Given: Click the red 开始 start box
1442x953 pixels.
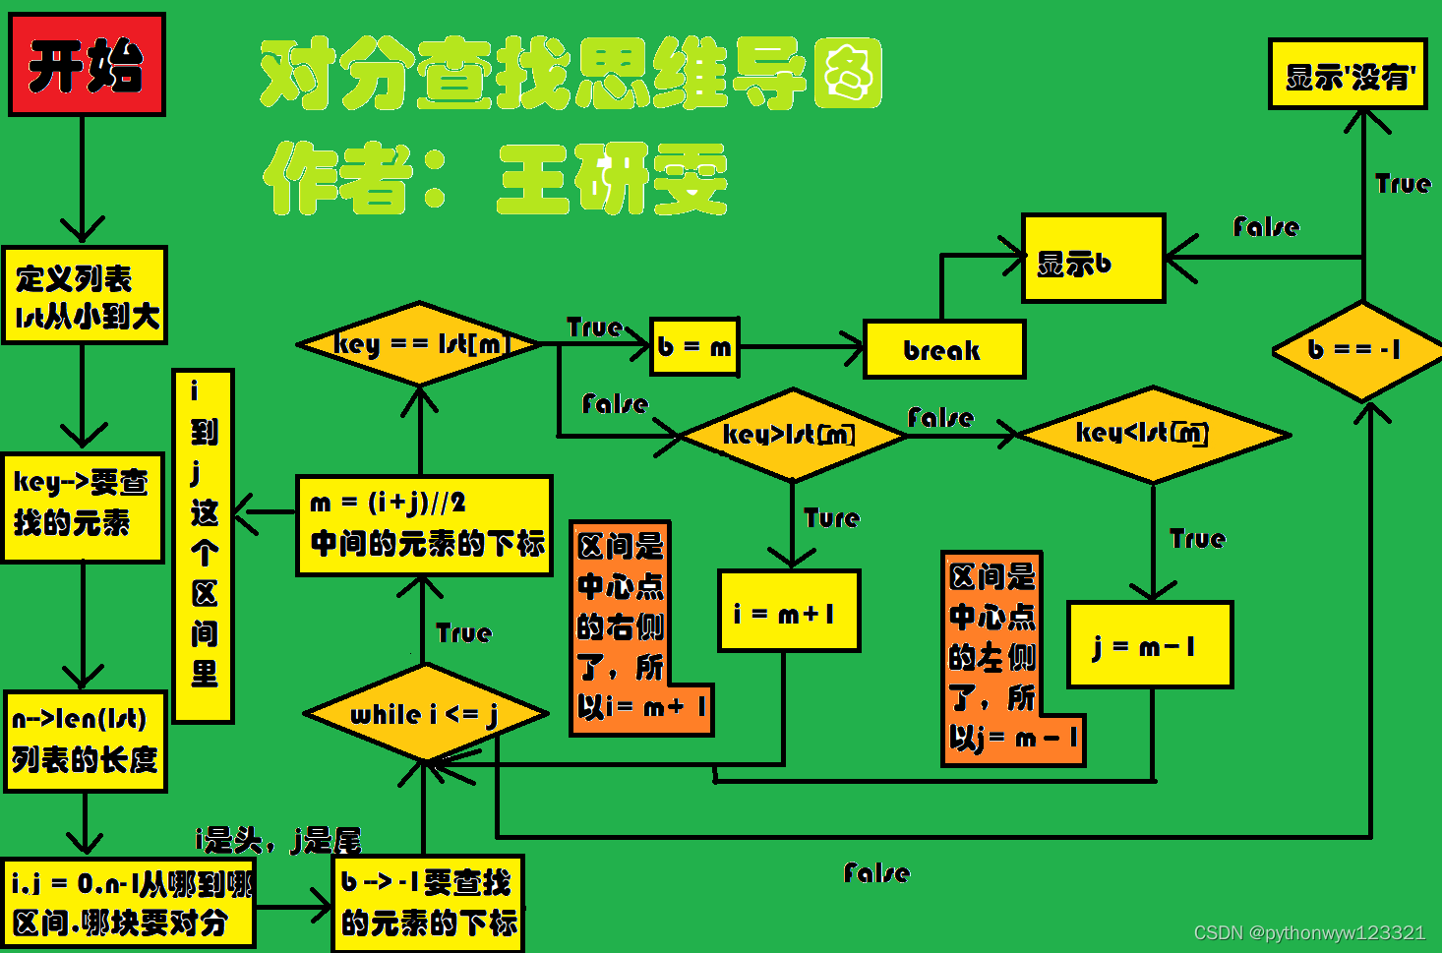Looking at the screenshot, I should click(87, 65).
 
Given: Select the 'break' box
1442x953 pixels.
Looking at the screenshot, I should click(943, 349).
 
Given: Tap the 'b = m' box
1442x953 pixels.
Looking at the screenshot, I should click(694, 346).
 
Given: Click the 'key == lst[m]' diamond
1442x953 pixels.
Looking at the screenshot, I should click(420, 344).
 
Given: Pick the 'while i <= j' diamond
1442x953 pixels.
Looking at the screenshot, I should click(424, 714).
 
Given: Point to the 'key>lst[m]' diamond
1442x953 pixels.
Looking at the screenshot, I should click(791, 435).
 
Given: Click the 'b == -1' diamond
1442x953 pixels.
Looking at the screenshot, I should click(1357, 350).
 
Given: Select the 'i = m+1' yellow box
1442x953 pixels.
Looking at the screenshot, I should click(788, 611).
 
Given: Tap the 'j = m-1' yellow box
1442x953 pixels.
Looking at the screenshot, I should click(1149, 645).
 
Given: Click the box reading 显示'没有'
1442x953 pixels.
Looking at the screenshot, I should click(1347, 75).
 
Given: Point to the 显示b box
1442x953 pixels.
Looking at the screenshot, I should click(1093, 259).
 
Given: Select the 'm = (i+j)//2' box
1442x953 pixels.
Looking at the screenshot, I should click(424, 525).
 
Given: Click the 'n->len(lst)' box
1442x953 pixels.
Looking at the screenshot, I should click(85, 741).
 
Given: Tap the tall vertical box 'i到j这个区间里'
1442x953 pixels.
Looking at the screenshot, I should click(204, 546).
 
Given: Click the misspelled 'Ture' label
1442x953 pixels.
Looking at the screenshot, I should click(831, 518).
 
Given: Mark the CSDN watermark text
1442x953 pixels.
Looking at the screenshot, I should click(1309, 932).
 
